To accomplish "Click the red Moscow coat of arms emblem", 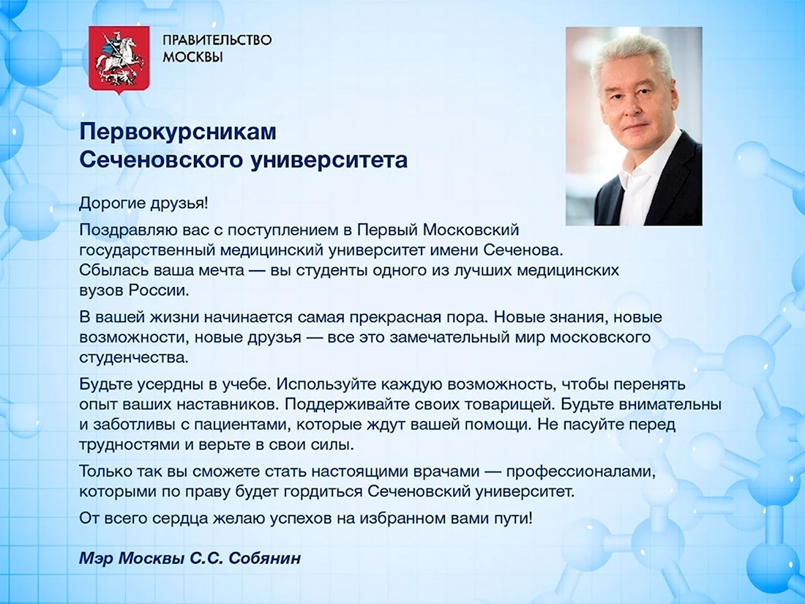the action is click(x=119, y=59).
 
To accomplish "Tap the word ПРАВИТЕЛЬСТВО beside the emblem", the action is click(x=217, y=40).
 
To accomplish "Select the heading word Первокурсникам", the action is click(x=178, y=132).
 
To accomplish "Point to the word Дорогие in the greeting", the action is click(x=113, y=204).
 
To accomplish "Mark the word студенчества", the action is click(x=133, y=357).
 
